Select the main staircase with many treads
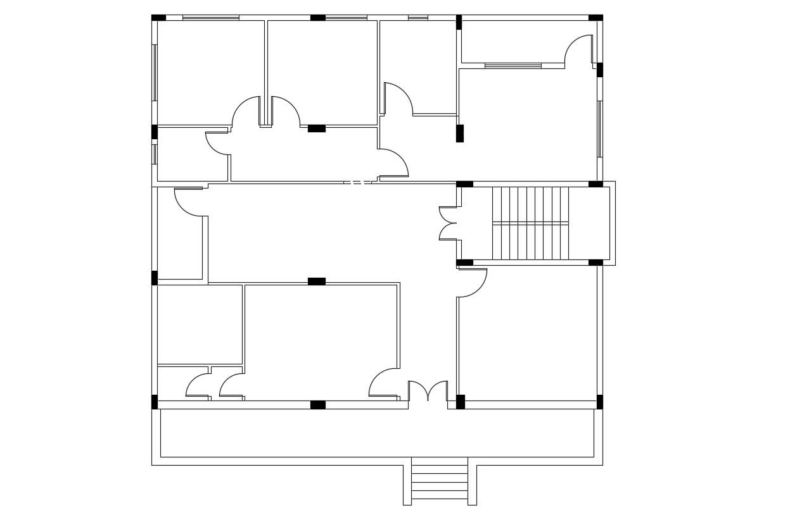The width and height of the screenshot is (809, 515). coord(530,223)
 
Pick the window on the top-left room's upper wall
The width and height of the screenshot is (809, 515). coord(210,18)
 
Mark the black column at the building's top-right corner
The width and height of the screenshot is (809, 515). coord(596,18)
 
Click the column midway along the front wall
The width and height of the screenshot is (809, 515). coord(318,405)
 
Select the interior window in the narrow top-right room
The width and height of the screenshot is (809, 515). coord(513,65)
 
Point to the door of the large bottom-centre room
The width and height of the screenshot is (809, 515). coord(384,383)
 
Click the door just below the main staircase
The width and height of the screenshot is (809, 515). coord(472,283)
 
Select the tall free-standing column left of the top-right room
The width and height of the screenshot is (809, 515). coord(460,133)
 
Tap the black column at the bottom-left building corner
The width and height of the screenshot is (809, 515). coord(155,402)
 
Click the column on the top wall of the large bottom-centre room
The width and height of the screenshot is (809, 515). coord(317,282)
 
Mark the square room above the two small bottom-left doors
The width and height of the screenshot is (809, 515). coord(200,324)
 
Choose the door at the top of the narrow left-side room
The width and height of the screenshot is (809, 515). coord(189,202)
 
